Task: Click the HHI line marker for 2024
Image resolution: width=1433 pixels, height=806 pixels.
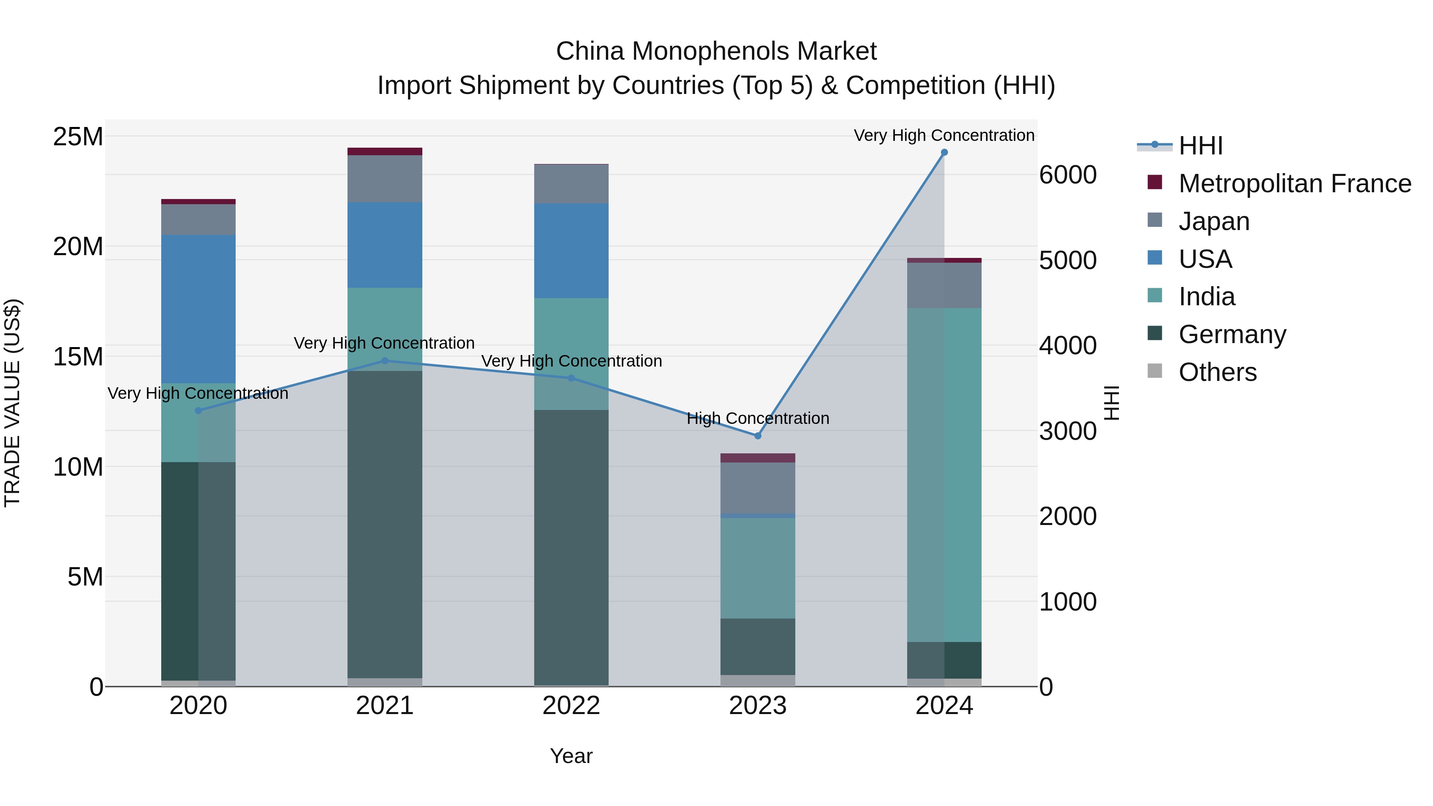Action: tap(944, 152)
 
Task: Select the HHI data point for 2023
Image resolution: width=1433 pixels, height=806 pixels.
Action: tap(757, 435)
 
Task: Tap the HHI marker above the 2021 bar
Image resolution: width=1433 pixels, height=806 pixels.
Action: tap(385, 361)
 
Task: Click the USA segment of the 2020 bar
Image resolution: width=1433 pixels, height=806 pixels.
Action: tap(198, 309)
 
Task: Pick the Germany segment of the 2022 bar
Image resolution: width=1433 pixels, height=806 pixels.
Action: tap(571, 548)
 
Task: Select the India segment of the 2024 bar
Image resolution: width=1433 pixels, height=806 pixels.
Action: tap(944, 474)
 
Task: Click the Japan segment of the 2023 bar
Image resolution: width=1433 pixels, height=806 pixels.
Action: tap(757, 487)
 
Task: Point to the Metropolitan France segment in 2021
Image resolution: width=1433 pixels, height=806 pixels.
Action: tap(385, 151)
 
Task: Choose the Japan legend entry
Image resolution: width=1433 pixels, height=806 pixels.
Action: tap(1214, 221)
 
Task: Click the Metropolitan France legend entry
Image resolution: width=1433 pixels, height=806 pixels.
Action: tap(1294, 183)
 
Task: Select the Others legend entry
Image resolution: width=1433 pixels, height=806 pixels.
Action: tap(1217, 372)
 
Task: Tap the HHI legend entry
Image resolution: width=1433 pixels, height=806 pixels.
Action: tap(1201, 146)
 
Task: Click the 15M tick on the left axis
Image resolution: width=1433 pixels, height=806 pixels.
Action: tap(78, 357)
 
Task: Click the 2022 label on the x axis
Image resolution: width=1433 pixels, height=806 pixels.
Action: tap(571, 706)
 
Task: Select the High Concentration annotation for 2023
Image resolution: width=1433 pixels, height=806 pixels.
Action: tap(757, 418)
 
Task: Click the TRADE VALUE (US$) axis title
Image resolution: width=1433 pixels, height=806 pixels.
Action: tap(12, 403)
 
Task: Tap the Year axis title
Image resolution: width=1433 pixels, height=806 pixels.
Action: tap(571, 756)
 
